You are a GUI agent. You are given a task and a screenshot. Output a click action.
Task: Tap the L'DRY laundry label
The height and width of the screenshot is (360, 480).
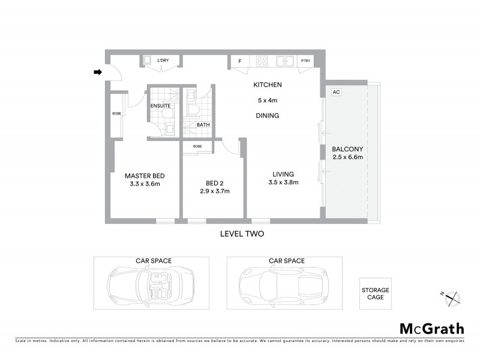click(x=162, y=61)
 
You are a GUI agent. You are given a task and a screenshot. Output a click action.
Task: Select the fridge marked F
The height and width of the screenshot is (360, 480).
click(x=240, y=61)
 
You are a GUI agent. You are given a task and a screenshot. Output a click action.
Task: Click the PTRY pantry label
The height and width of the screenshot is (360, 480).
click(x=305, y=61)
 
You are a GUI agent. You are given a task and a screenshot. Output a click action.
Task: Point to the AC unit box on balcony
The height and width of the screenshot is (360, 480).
click(x=336, y=92)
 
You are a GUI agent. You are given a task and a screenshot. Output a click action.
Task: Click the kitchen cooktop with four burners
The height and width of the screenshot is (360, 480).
click(x=262, y=61)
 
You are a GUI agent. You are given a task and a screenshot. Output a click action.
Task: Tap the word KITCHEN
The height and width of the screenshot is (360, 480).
click(x=267, y=85)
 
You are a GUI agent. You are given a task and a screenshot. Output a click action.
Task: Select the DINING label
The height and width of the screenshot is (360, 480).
click(x=267, y=115)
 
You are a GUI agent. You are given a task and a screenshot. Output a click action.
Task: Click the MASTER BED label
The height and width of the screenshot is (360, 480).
click(x=145, y=176)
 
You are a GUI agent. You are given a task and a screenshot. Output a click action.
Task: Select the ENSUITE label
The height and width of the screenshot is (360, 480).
click(x=160, y=106)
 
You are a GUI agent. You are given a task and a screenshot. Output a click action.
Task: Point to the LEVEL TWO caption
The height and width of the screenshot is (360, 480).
click(x=243, y=234)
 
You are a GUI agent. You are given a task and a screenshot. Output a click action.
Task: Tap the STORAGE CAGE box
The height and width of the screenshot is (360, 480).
click(x=375, y=293)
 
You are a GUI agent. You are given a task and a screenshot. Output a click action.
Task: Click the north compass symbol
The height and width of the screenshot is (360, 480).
click(x=451, y=296)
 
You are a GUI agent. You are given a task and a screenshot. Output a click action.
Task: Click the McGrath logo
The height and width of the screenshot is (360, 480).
click(x=431, y=328)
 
